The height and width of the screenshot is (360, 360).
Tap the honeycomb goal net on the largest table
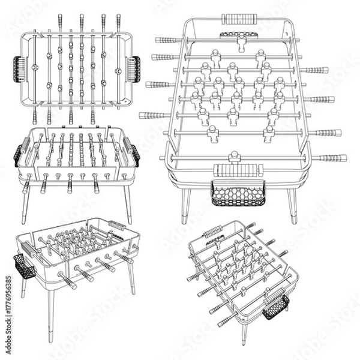(x=238, y=194)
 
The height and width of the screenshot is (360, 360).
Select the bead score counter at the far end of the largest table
(x=240, y=19)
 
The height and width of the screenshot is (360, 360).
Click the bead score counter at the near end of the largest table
(x=238, y=170)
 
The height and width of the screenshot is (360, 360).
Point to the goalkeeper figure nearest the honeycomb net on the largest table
(x=235, y=157)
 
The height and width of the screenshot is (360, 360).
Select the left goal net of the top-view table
(x=19, y=68)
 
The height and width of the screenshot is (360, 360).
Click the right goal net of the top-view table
(x=134, y=68)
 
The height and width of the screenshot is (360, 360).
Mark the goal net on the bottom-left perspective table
(x=24, y=267)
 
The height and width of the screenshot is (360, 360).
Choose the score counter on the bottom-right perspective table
(x=213, y=232)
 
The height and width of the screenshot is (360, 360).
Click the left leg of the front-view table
(x=25, y=204)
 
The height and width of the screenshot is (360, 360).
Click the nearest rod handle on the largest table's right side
(x=331, y=158)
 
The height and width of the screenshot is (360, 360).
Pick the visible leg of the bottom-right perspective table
(x=244, y=333)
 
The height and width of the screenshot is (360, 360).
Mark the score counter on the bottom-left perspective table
(x=116, y=226)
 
